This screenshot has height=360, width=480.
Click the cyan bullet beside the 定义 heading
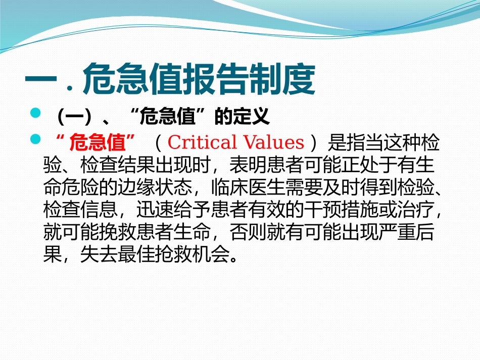pyautogui.click(x=35, y=115)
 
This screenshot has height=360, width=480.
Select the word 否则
pyautogui.click(x=245, y=232)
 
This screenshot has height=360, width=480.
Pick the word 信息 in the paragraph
pyautogui.click(x=100, y=210)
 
